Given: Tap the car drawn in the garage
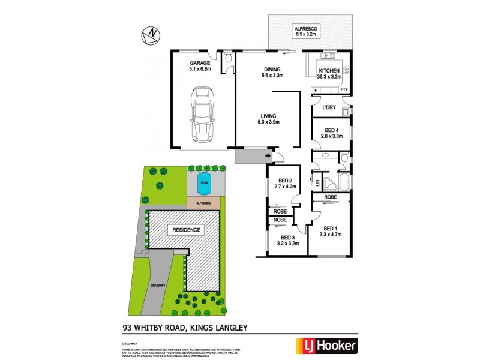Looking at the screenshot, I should pyautogui.click(x=202, y=113).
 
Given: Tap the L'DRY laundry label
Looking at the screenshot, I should pyautogui.click(x=329, y=108).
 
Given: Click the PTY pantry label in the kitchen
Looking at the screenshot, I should pyautogui.click(x=344, y=90).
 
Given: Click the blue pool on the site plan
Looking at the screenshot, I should pyautogui.click(x=204, y=187).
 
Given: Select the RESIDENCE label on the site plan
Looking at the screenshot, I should pyautogui.click(x=186, y=230).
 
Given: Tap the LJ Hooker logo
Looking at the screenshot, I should pyautogui.click(x=327, y=345).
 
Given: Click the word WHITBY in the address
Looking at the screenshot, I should pyautogui.click(x=155, y=328).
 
